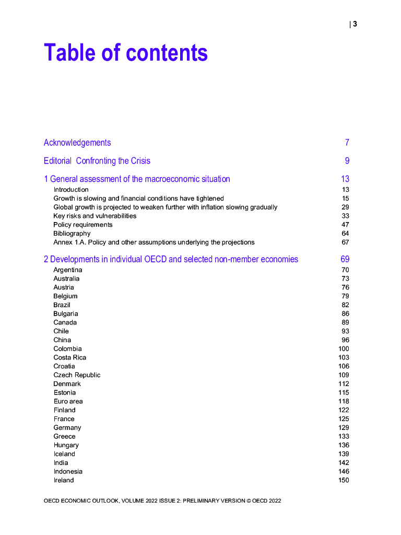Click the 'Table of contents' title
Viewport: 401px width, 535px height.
[x=126, y=53]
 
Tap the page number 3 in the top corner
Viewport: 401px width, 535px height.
[x=355, y=24]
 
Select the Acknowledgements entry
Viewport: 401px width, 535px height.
[x=77, y=143]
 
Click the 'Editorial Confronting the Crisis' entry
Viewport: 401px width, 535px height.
[x=97, y=161]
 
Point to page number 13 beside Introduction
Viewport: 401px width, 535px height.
[x=345, y=190]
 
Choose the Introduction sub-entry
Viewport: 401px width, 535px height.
[x=71, y=190]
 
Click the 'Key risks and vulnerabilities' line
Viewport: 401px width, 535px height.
[x=95, y=216]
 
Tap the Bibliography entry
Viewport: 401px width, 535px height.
[x=72, y=234]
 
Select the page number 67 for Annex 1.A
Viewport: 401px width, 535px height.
[x=345, y=242]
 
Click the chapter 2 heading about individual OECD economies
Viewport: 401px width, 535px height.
[x=171, y=259]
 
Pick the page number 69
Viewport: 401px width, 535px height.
[x=345, y=259]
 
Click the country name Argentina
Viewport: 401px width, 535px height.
[x=68, y=270]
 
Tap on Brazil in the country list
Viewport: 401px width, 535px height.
[x=62, y=305]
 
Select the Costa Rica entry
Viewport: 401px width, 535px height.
[x=70, y=357]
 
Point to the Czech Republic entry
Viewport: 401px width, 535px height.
[x=77, y=375]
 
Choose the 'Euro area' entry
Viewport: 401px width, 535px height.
[x=68, y=401]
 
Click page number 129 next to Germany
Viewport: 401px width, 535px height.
[x=344, y=428]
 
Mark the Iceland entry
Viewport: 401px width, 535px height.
[x=64, y=454]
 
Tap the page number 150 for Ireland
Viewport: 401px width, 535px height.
[x=344, y=480]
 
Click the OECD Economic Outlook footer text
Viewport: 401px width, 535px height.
[x=162, y=501]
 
